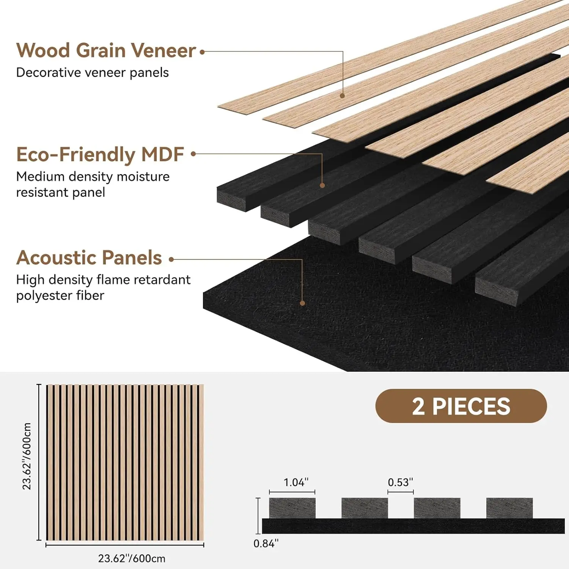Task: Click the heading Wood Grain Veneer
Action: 106,51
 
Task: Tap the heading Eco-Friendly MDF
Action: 100,155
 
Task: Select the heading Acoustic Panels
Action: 89,258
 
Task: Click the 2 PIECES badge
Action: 461,406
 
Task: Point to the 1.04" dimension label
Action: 296,483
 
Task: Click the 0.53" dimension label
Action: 400,483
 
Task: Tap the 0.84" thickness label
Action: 266,544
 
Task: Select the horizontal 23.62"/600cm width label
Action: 132,559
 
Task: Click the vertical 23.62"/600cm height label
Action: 27,456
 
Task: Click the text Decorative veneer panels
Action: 92,72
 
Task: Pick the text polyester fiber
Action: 60,296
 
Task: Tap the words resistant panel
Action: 60,192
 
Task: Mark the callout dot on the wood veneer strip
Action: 342,96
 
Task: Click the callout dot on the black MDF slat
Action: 322,185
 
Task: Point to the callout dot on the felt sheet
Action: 302,303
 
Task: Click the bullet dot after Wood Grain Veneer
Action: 202,52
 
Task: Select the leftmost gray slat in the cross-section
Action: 292,508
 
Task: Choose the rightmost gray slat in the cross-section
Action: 509,508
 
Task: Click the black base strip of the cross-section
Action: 413,526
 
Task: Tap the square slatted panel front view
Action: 125,462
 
